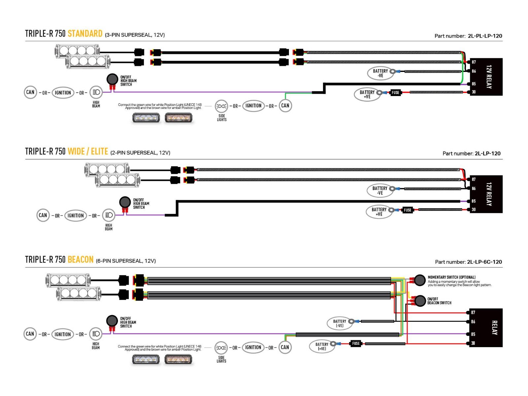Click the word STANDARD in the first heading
point(85,34)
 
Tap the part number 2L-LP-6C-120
point(484,262)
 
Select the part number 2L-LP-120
point(487,153)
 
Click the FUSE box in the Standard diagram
point(395,93)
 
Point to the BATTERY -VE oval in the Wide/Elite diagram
point(380,191)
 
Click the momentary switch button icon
point(420,280)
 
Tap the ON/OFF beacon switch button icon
point(420,301)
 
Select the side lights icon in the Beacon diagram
point(221,348)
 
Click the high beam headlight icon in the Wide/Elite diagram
point(109,215)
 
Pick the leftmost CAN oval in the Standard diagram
point(30,92)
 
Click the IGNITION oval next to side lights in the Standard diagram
point(253,106)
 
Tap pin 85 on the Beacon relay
point(473,334)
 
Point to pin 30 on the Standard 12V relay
point(474,92)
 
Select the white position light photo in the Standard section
point(146,118)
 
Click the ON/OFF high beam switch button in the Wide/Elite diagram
point(125,202)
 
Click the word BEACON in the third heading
point(80,260)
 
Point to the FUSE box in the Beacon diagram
point(356,344)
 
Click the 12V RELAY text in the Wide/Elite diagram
point(489,194)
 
